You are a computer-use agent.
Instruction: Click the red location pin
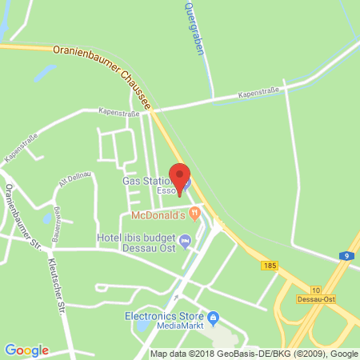(x=181, y=177)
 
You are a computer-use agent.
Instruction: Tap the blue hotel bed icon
(x=186, y=240)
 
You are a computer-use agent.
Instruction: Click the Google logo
(x=27, y=350)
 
